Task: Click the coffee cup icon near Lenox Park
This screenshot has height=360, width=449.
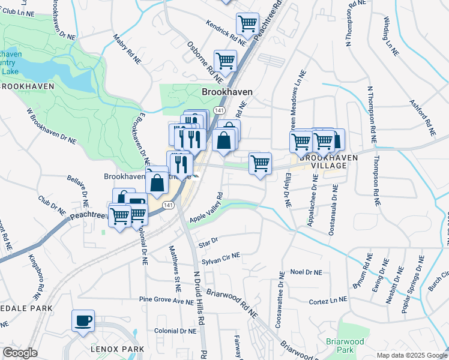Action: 83,319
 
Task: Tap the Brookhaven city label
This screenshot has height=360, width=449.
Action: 227,92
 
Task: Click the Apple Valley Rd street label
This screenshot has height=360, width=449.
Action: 206,208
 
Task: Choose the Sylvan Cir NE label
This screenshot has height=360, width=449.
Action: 221,258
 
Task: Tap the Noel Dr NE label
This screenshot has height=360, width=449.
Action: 307,272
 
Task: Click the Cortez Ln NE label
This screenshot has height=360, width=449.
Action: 328,300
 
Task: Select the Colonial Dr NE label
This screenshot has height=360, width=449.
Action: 175,331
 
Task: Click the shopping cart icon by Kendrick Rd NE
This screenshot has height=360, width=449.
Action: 247,23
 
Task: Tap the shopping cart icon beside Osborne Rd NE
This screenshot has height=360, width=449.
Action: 225,60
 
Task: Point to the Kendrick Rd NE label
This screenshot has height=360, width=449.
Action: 226,33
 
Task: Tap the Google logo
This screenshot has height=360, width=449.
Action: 20,353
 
